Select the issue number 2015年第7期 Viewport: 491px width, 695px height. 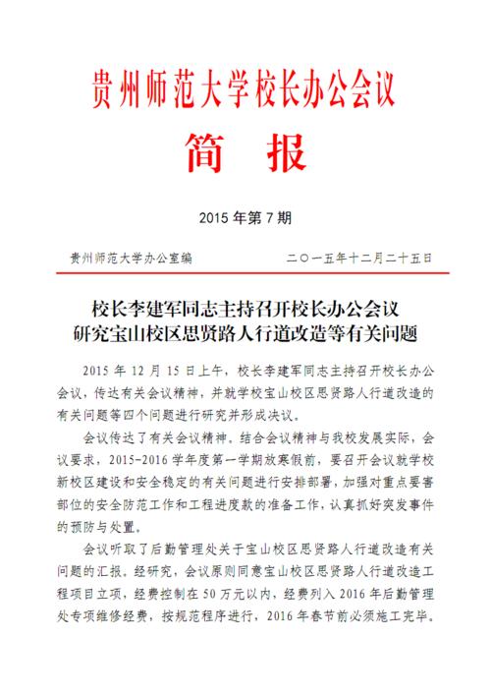point(245,216)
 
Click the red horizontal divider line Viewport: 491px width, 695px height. point(245,272)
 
